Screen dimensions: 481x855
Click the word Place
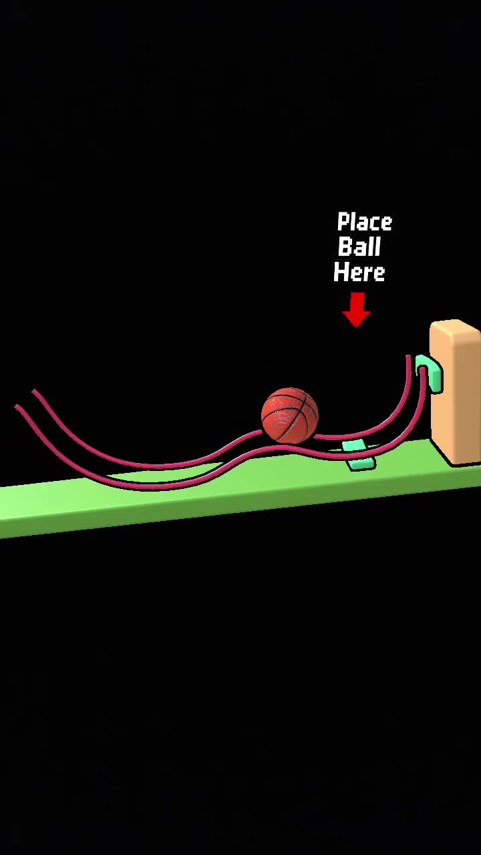tap(365, 222)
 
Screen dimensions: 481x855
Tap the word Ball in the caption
tap(359, 246)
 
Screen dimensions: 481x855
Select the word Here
tap(359, 272)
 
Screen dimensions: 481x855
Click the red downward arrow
tap(357, 309)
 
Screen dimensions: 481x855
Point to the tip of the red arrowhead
tap(357, 327)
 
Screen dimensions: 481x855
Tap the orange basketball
tap(290, 415)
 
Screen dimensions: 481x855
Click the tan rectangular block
tap(456, 391)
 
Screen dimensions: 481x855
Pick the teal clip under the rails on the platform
tap(358, 455)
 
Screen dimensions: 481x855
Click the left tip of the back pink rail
tap(34, 391)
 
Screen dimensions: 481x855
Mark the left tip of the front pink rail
tap(17, 407)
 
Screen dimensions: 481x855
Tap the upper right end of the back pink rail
tap(408, 357)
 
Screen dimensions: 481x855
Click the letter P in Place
tap(343, 221)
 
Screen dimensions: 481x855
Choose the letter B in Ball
tap(345, 246)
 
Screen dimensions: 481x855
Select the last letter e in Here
tap(379, 275)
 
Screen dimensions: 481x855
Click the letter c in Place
tap(373, 224)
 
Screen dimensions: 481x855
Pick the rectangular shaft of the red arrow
tap(357, 301)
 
